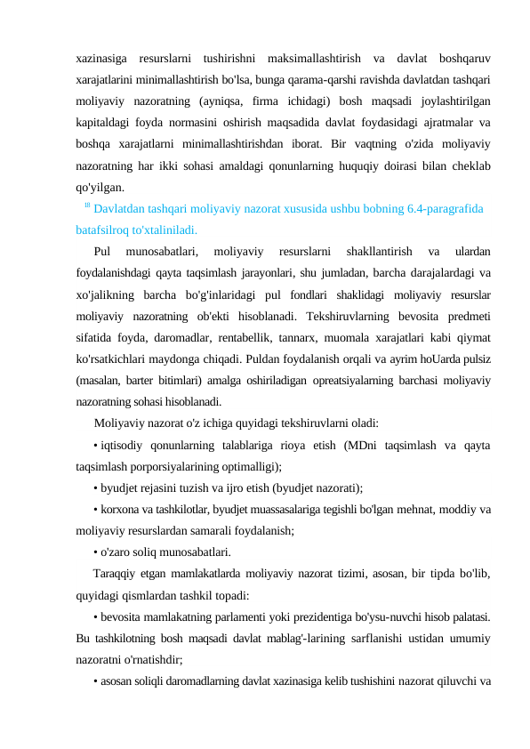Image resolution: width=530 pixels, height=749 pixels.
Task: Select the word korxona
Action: pos(121,509)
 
